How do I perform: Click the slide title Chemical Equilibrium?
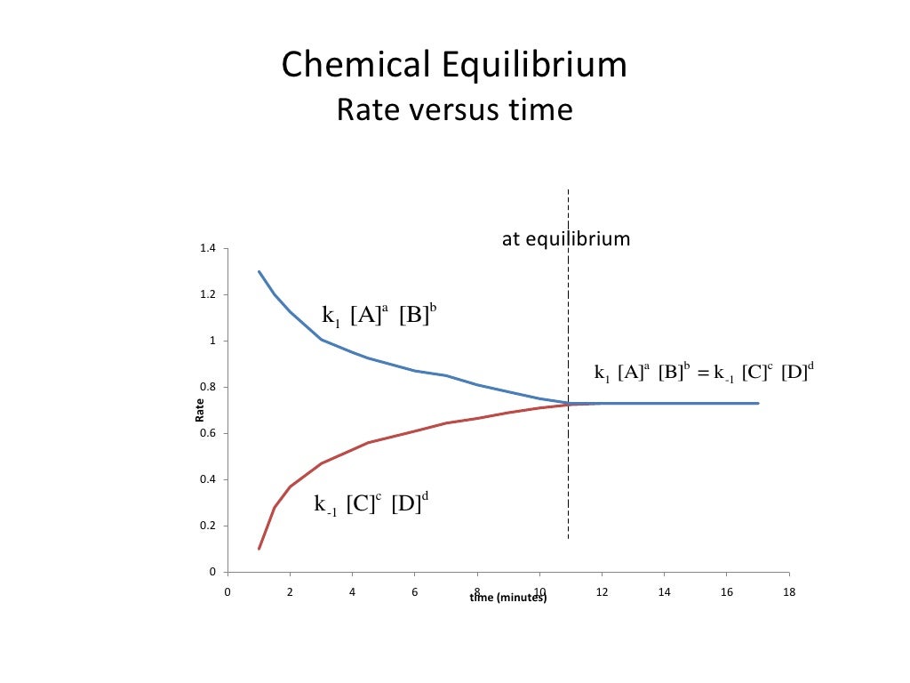pyautogui.click(x=454, y=66)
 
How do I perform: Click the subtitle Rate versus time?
pyautogui.click(x=454, y=110)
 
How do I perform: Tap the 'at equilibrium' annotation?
pyautogui.click(x=566, y=239)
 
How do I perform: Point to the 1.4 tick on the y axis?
pyautogui.click(x=207, y=248)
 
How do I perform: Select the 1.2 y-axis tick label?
pyautogui.click(x=207, y=294)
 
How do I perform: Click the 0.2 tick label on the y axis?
pyautogui.click(x=207, y=526)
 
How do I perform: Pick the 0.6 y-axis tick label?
pyautogui.click(x=207, y=433)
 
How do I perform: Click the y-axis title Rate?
pyautogui.click(x=200, y=409)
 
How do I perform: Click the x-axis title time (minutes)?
pyautogui.click(x=508, y=598)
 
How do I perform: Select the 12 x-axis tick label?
pyautogui.click(x=602, y=591)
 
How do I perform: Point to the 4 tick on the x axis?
pyautogui.click(x=352, y=591)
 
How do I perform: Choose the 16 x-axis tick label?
pyautogui.click(x=727, y=591)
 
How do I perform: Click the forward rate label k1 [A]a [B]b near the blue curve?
pyautogui.click(x=379, y=315)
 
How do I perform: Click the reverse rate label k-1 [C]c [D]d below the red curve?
pyautogui.click(x=371, y=504)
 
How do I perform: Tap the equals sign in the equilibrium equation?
pyautogui.click(x=695, y=374)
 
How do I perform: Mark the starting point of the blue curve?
pyautogui.click(x=259, y=271)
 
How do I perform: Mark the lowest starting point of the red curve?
pyautogui.click(x=259, y=549)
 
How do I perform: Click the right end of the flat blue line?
pyautogui.click(x=758, y=403)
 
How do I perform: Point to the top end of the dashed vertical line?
pyautogui.click(x=568, y=189)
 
